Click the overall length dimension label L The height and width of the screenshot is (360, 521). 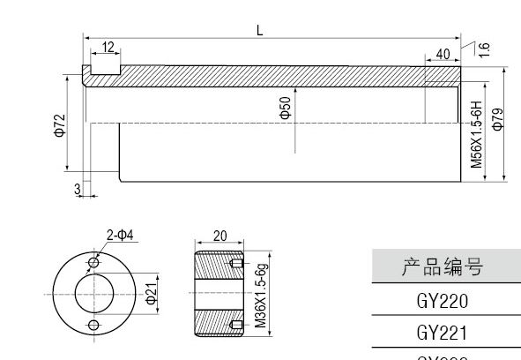(x=259, y=28)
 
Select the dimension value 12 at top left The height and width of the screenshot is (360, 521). (x=108, y=47)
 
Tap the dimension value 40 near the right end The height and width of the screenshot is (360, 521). (x=442, y=54)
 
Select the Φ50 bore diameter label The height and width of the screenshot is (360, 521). (x=285, y=109)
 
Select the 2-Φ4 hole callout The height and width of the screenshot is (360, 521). (x=119, y=235)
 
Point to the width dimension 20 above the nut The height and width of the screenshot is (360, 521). (x=219, y=236)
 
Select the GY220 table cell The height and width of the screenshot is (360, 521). (x=442, y=301)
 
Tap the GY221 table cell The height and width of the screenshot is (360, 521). (x=442, y=334)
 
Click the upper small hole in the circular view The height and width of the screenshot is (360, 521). (x=94, y=263)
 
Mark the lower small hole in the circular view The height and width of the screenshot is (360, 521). (x=94, y=325)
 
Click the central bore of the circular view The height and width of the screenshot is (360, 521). (x=93, y=294)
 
